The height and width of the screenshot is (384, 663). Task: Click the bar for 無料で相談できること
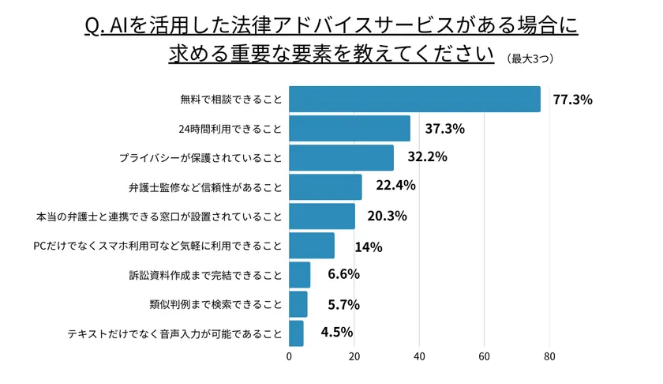point(414,100)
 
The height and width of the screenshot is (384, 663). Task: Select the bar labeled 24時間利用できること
point(350,128)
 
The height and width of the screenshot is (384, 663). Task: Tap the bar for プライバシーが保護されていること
point(341,157)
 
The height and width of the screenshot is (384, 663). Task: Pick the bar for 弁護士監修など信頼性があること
point(325,186)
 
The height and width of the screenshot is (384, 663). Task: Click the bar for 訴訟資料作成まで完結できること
point(299,275)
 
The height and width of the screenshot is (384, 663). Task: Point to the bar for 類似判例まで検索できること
point(298,304)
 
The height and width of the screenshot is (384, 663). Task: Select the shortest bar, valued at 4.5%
point(296,333)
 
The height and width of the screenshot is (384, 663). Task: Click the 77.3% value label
point(572,100)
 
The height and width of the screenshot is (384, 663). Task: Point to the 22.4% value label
point(395,186)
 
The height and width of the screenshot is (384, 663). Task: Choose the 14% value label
point(368,247)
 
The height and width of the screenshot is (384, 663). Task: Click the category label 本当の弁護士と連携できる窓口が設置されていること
point(159,216)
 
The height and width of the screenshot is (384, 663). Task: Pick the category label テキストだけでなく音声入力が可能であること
point(174,333)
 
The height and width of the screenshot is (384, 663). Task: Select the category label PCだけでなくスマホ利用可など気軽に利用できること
point(157,246)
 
